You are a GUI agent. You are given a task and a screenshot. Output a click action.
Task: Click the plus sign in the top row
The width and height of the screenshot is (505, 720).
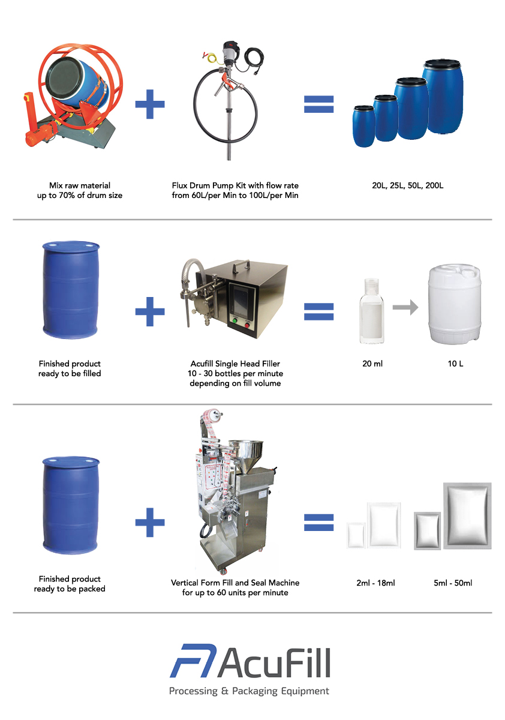point(149,105)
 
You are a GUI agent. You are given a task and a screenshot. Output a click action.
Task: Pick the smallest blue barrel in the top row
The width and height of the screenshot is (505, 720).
point(363,127)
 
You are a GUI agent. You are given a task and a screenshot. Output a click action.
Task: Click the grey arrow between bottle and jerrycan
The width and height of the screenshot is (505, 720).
point(405,308)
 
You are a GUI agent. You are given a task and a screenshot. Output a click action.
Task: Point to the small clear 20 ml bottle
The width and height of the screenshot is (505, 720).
point(371,312)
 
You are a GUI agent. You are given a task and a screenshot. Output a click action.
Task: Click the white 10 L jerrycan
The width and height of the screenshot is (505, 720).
point(453,306)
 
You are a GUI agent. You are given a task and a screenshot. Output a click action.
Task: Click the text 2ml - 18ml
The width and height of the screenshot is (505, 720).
point(375,583)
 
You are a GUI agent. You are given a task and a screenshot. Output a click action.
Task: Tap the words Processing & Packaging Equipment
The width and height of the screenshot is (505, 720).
point(249,691)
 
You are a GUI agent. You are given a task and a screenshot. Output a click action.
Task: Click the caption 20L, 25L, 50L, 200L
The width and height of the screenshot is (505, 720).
point(407,186)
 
